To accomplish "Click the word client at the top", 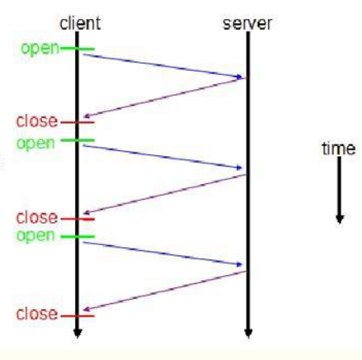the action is click(x=80, y=23).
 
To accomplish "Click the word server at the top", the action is click(x=247, y=24).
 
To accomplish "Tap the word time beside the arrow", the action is click(x=339, y=149).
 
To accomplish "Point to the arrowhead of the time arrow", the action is click(x=340, y=219).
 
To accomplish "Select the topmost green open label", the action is click(x=40, y=49).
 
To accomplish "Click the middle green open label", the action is click(x=35, y=144).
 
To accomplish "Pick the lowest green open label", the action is click(x=35, y=236).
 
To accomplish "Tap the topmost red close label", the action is click(x=37, y=121).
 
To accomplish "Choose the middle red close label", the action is click(x=37, y=218).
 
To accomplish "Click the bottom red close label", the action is click(x=37, y=314).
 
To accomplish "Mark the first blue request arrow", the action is click(x=162, y=66).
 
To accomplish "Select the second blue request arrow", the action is click(x=162, y=157).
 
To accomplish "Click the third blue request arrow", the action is click(x=162, y=253).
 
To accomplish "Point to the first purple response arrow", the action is click(x=165, y=97).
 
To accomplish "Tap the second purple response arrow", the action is click(x=165, y=194).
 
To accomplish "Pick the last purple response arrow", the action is click(x=165, y=291).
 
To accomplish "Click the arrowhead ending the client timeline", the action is click(x=78, y=333).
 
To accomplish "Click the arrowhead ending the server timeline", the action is click(x=248, y=333).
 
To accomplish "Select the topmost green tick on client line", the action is click(x=78, y=50).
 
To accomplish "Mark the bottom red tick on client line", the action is click(x=78, y=316).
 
